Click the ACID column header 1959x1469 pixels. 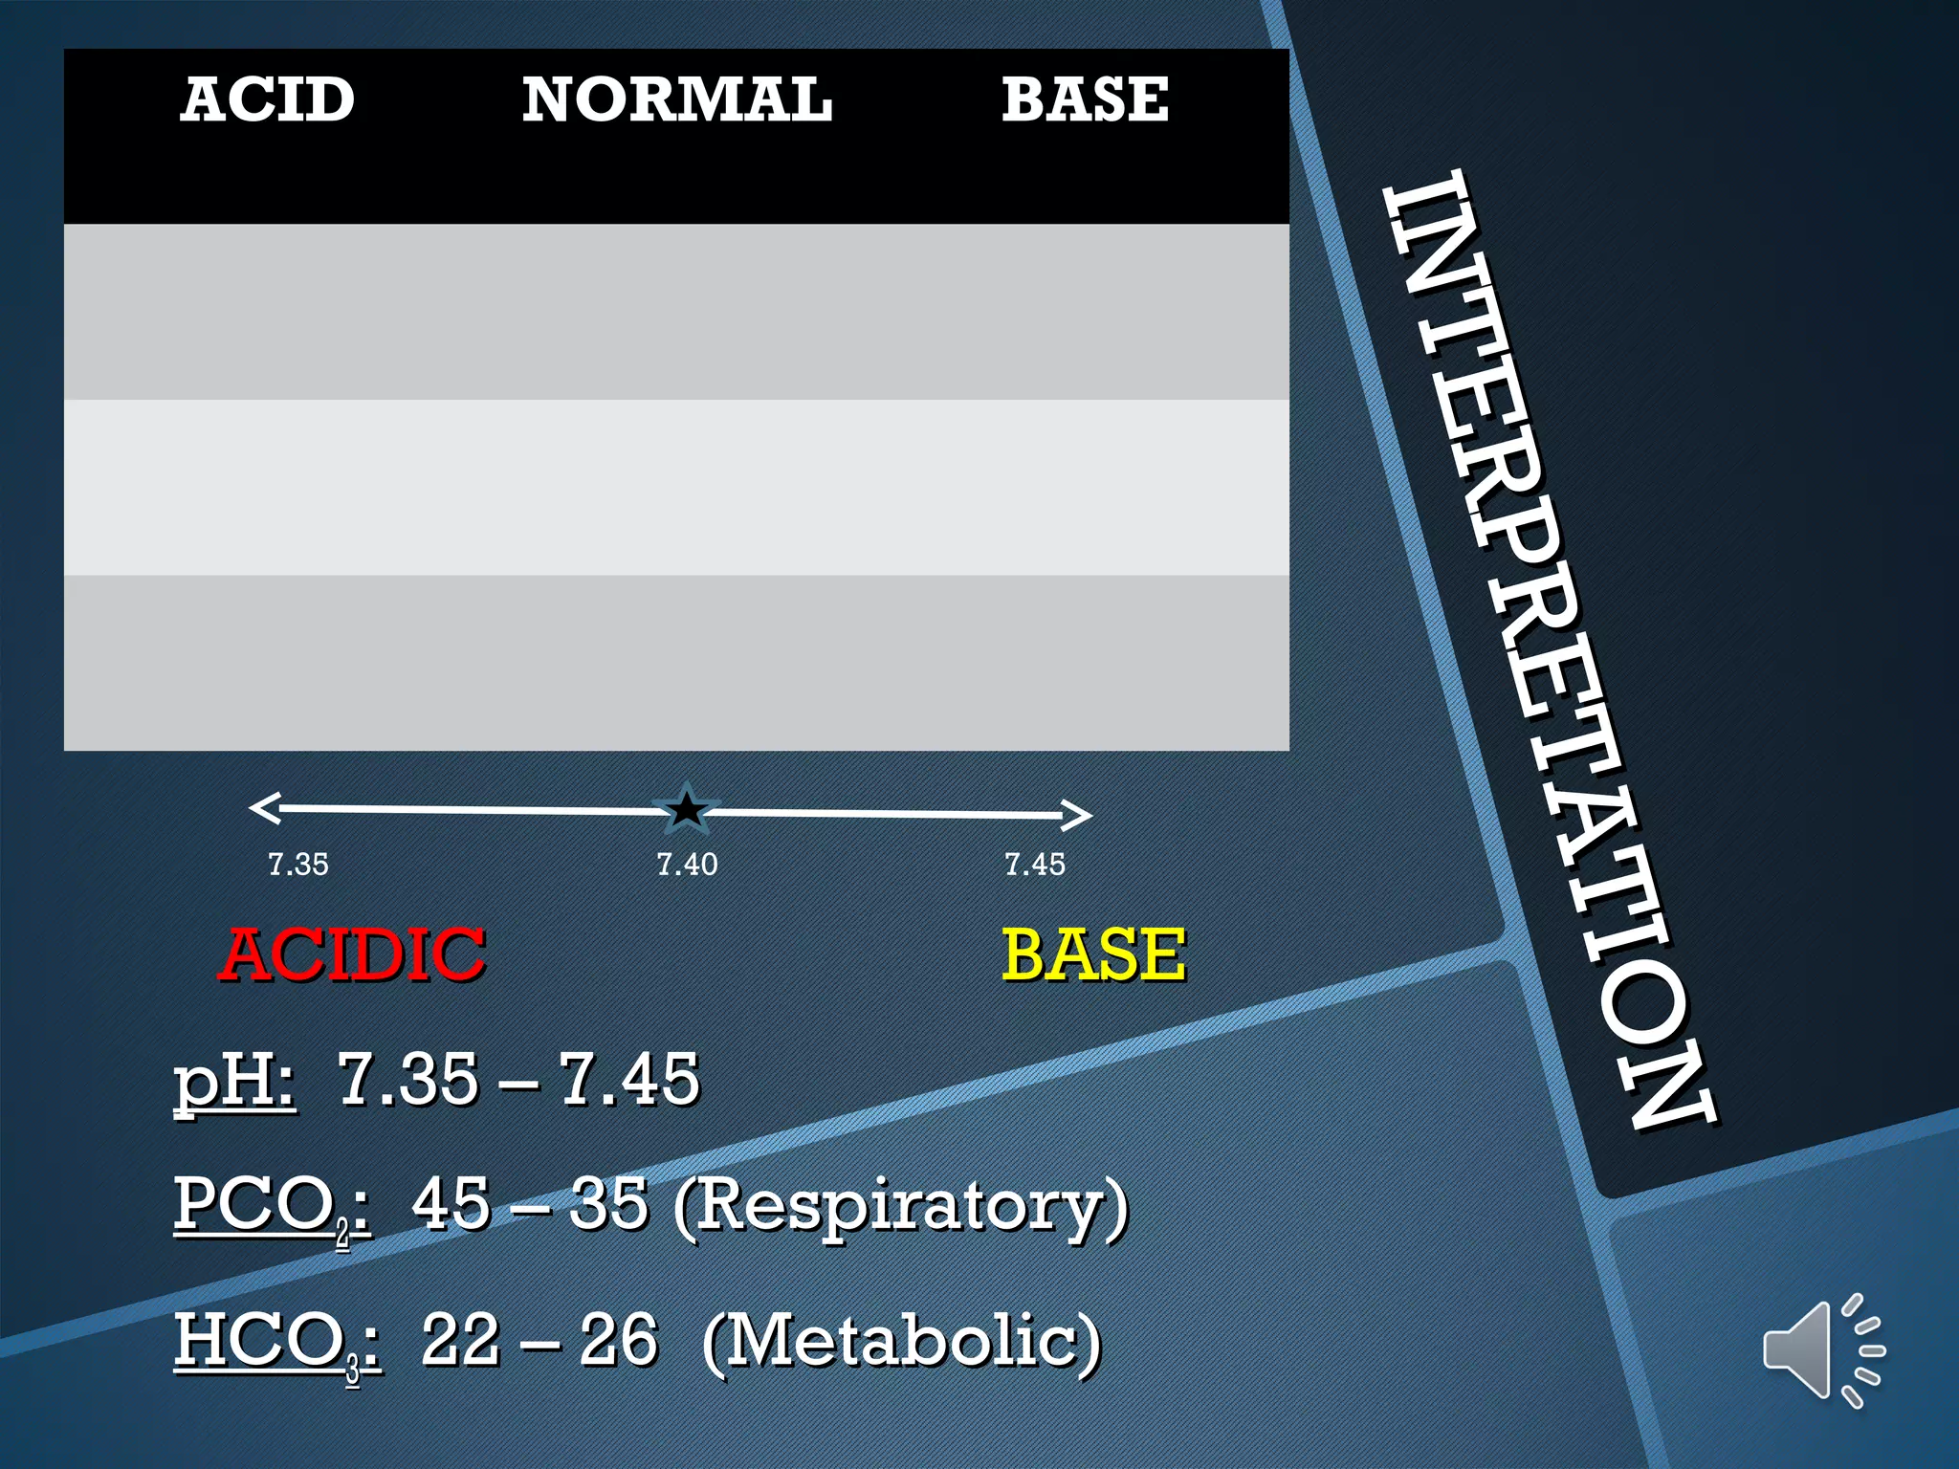(x=267, y=99)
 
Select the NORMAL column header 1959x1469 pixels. (x=676, y=99)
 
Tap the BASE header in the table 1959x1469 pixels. (x=1085, y=99)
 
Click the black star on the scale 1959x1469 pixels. (x=686, y=810)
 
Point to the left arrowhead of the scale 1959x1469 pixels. (x=263, y=808)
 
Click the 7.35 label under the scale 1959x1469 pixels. (x=297, y=865)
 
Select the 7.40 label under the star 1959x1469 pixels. (x=687, y=865)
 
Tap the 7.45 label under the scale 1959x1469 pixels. (x=1034, y=865)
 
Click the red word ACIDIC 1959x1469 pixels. (x=352, y=954)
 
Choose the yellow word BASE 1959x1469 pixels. (x=1093, y=954)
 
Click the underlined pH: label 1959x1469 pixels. (x=234, y=1081)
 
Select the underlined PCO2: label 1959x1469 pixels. (x=271, y=1207)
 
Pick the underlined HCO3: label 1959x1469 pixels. (x=276, y=1342)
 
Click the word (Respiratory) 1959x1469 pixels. (x=900, y=1207)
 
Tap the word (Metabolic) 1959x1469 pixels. (x=901, y=1342)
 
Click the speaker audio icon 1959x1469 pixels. (x=1821, y=1349)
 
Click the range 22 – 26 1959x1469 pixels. (x=539, y=1340)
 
